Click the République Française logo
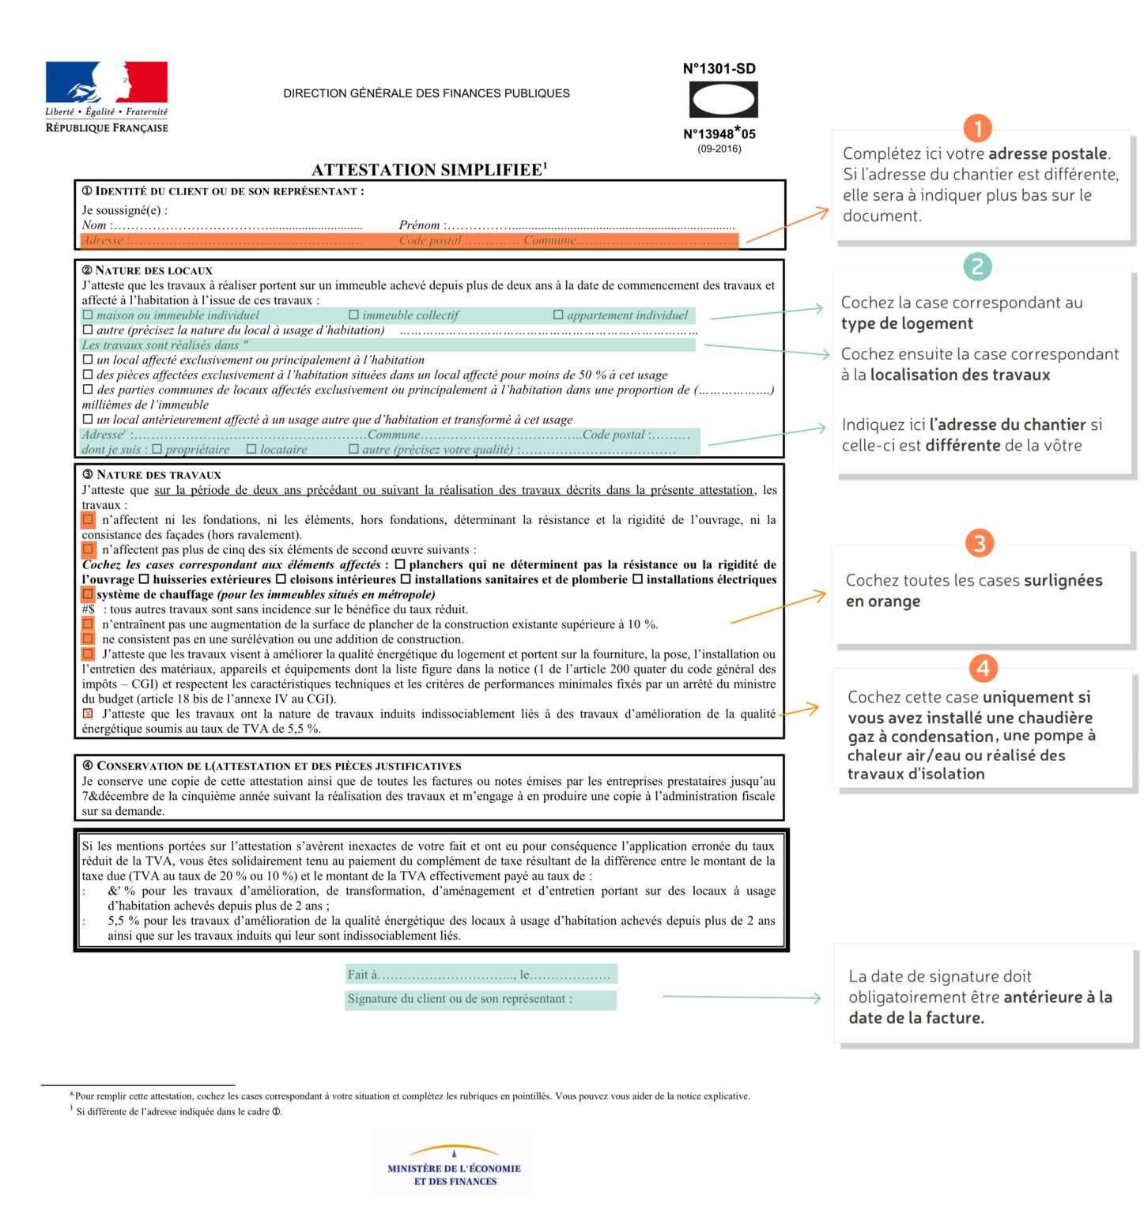(x=106, y=96)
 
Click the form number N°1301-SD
(x=719, y=69)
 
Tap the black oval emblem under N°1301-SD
(x=723, y=100)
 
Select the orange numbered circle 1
(x=977, y=129)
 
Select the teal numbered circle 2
(x=977, y=266)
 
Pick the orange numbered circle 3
(x=980, y=543)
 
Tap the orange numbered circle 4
(x=983, y=669)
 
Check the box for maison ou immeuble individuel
(x=88, y=315)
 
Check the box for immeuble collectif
(x=353, y=315)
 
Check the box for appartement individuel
(x=558, y=315)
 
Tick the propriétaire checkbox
(x=157, y=449)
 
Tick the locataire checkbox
(x=251, y=449)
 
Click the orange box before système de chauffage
(x=88, y=594)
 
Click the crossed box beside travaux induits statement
(x=88, y=714)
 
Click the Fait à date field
(x=480, y=975)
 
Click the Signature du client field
(x=480, y=999)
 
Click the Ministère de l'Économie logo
(x=454, y=1167)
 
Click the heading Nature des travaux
(x=158, y=474)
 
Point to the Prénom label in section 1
(x=419, y=225)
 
